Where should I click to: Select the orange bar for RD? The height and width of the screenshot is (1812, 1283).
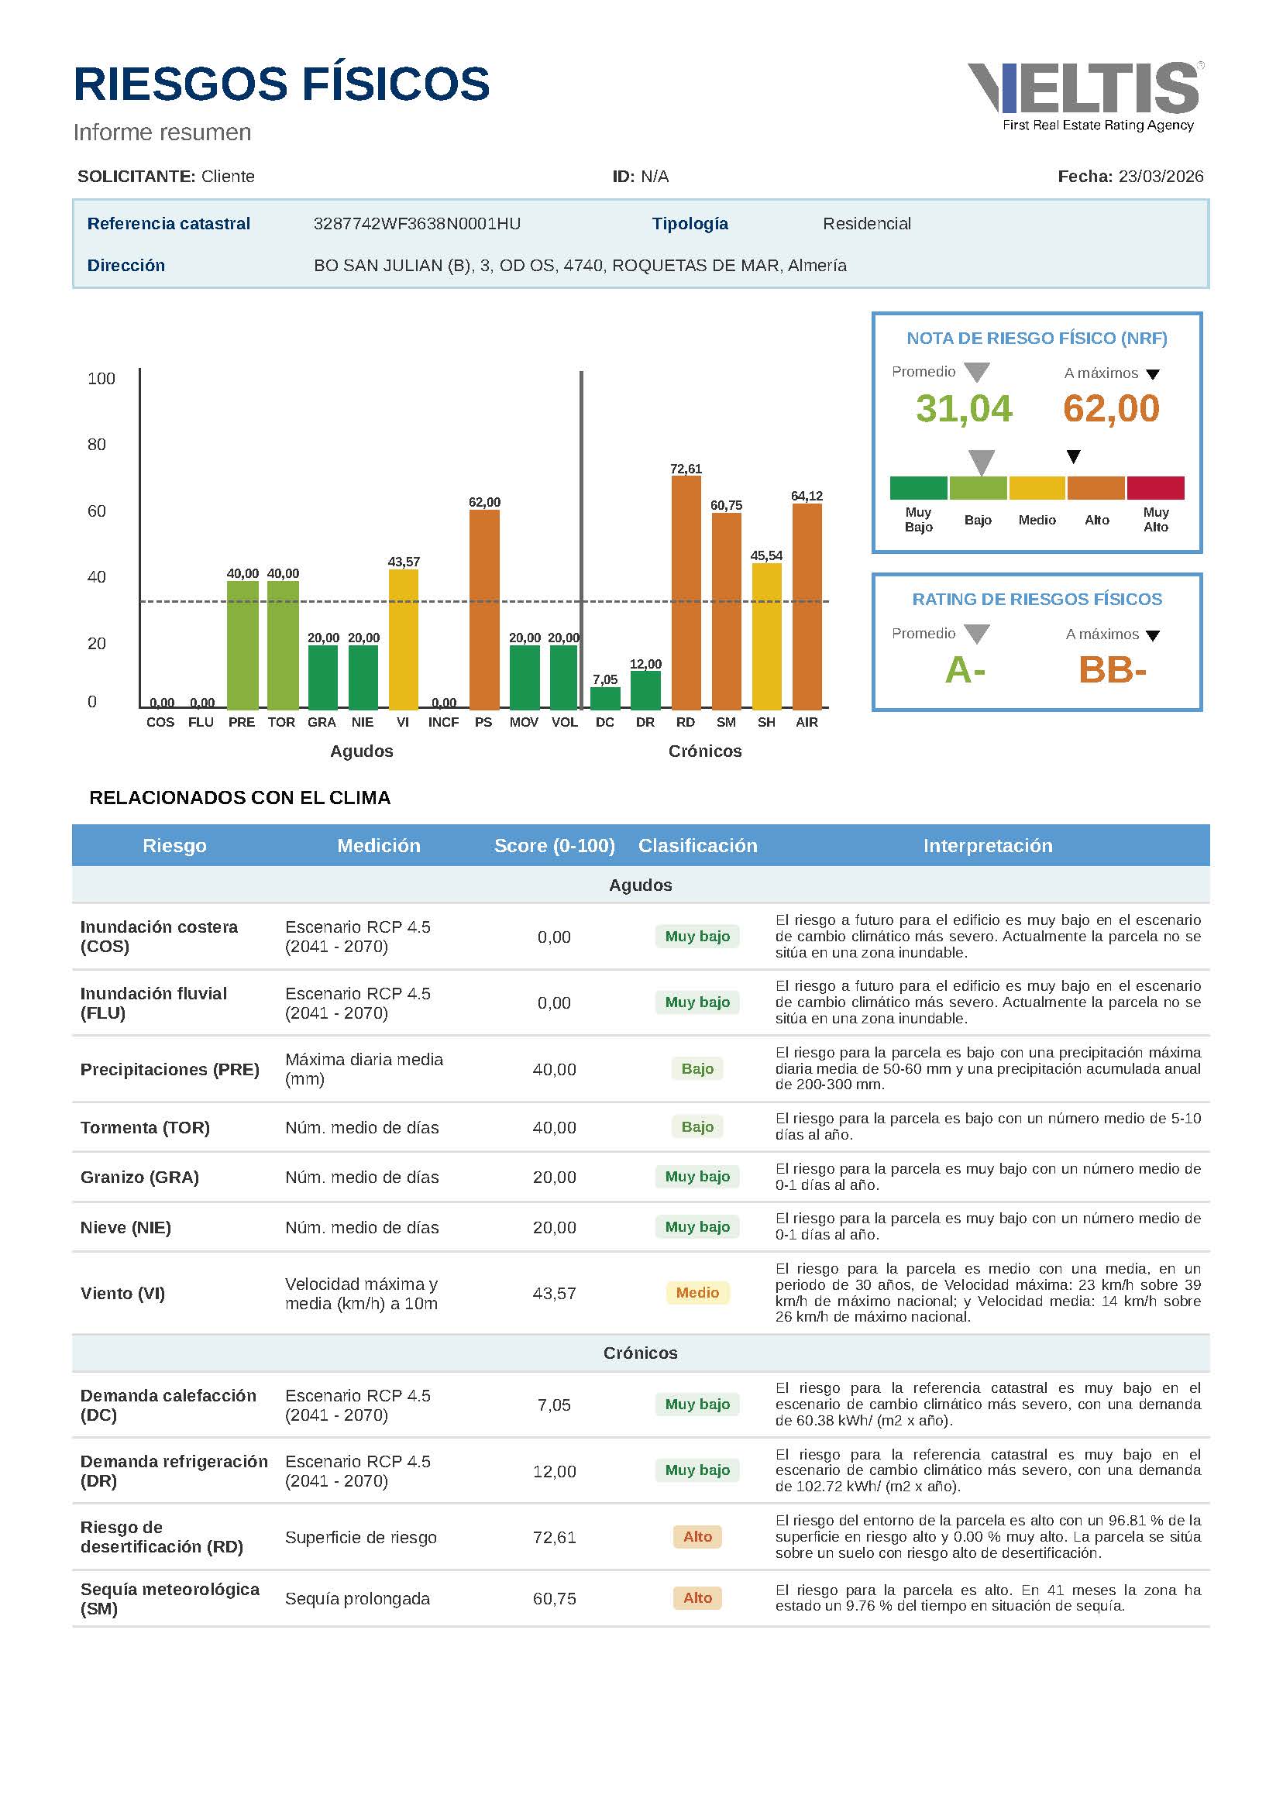point(686,593)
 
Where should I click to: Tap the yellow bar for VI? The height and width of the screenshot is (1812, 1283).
point(403,639)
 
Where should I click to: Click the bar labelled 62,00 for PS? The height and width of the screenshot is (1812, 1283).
point(484,609)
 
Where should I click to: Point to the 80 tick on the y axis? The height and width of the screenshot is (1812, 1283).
point(96,445)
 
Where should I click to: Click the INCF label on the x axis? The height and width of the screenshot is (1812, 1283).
point(443,722)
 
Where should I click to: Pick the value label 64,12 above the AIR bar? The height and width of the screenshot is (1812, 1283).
point(807,496)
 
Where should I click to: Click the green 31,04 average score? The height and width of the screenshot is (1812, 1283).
point(964,409)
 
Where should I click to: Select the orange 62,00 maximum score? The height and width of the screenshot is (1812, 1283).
point(1111,409)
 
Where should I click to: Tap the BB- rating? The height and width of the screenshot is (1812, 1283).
point(1112,671)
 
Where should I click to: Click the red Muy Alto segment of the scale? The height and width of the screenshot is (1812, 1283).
point(1155,488)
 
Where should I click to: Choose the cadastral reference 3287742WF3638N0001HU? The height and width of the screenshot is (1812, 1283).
point(417,224)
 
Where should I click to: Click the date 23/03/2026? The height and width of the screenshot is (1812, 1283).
point(1161,176)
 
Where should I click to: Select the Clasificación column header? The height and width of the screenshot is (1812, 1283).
point(697,846)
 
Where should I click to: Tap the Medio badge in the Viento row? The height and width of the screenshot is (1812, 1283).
point(697,1293)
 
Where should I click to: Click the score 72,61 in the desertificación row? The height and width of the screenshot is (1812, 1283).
point(555,1537)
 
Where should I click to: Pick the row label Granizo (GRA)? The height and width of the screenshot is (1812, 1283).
point(139,1177)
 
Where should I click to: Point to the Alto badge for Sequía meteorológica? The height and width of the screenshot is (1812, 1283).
point(697,1598)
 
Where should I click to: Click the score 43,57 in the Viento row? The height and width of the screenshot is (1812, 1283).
point(555,1293)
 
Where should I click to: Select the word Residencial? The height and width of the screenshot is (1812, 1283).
point(867,224)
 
